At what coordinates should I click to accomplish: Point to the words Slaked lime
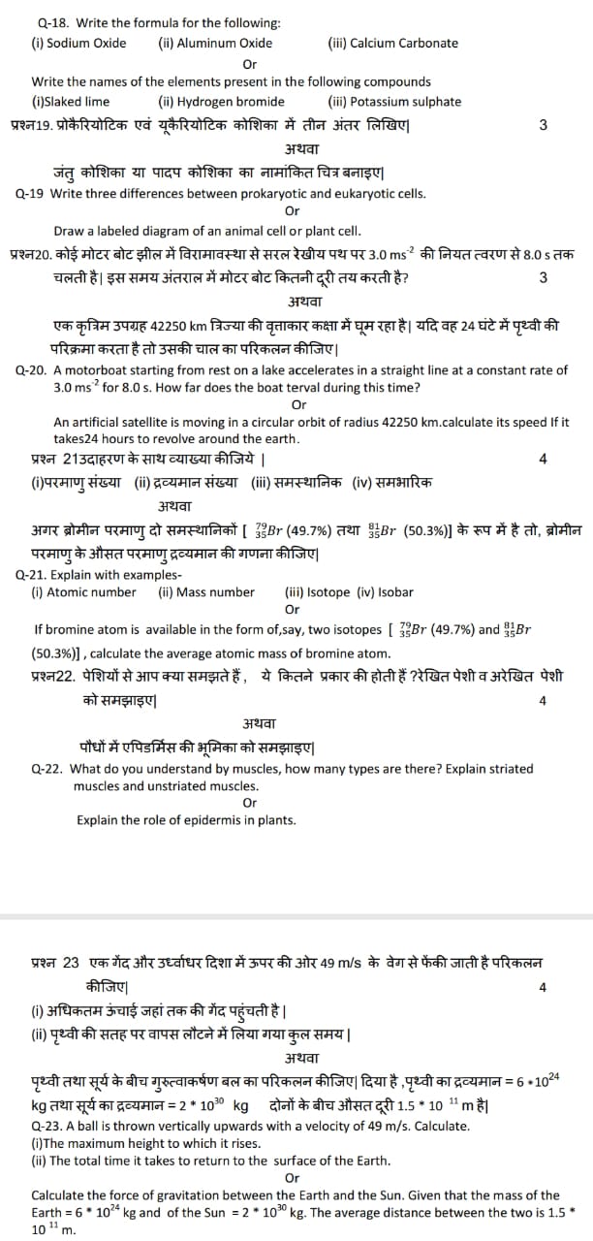(77, 102)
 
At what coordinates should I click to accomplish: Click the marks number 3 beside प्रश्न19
(543, 124)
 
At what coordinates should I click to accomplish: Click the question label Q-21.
(33, 575)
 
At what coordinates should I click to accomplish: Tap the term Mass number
(214, 592)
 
